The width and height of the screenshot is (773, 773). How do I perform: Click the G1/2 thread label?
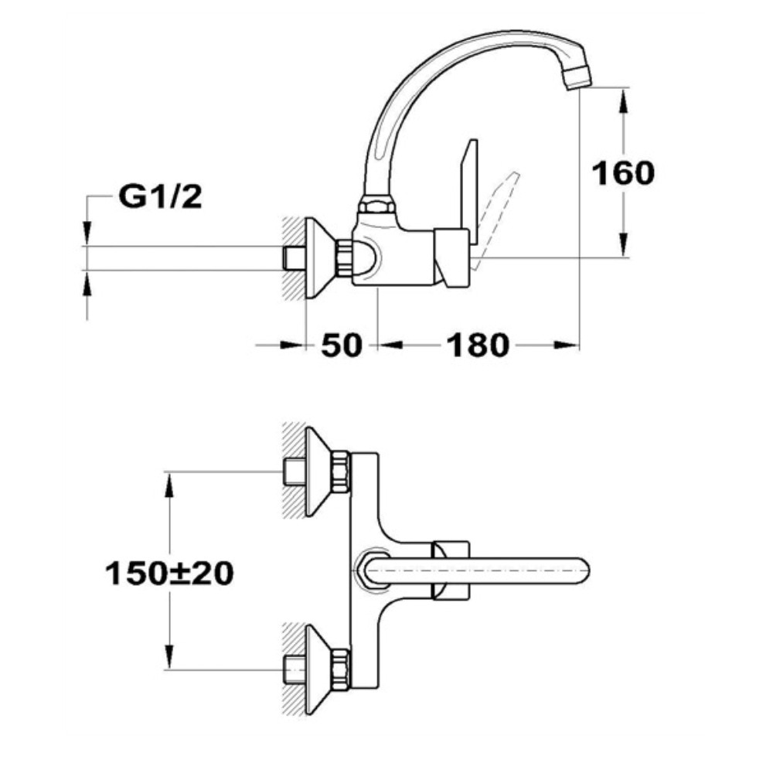[160, 196]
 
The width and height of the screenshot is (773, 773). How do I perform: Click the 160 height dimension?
[623, 173]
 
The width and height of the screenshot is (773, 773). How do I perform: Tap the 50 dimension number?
[341, 345]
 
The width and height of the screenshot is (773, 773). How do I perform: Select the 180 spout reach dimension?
[477, 345]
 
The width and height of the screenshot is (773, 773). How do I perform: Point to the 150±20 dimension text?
[169, 574]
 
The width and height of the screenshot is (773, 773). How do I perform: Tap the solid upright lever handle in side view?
[468, 192]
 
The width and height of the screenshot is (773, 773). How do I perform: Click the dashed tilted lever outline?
[495, 220]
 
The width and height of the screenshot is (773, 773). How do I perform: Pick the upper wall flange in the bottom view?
[321, 472]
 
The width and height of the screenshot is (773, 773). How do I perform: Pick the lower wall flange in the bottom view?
[321, 669]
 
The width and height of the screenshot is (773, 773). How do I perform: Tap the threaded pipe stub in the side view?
[293, 258]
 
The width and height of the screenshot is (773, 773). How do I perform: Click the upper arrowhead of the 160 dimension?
[623, 101]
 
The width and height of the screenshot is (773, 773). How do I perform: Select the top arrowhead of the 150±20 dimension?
[169, 485]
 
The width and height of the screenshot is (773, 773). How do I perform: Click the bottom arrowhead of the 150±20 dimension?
[169, 656]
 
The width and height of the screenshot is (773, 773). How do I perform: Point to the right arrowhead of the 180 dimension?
[565, 345]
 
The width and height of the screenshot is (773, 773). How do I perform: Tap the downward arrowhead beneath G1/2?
[87, 233]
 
